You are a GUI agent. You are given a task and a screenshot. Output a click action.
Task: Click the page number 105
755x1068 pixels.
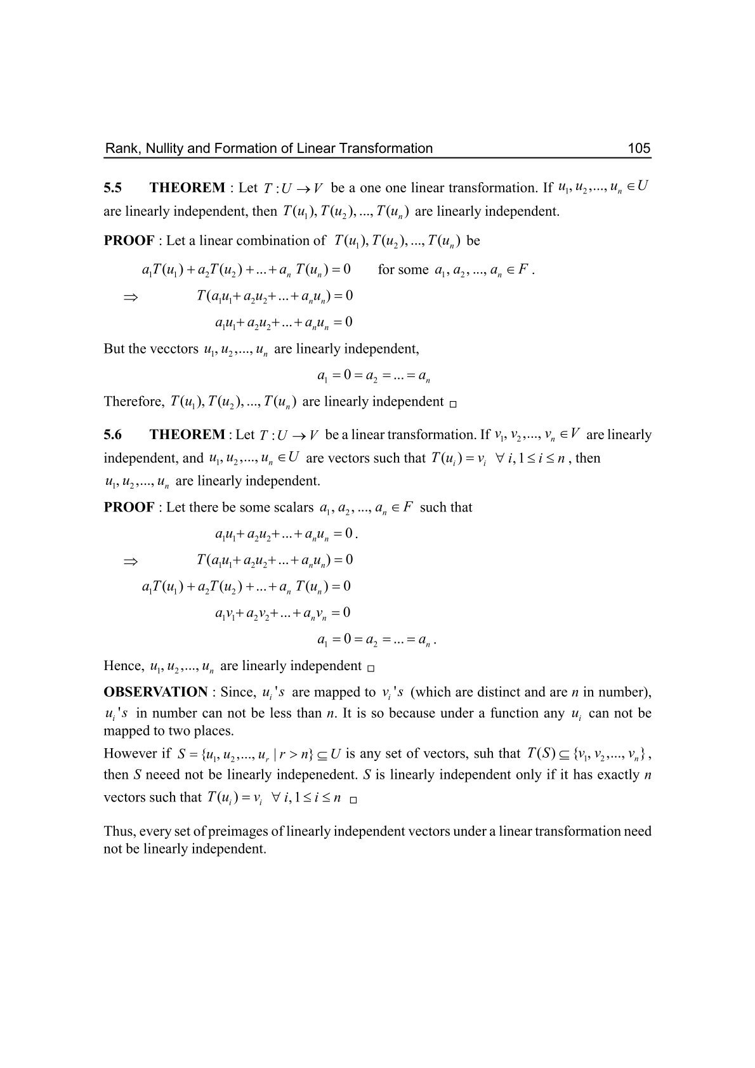point(639,148)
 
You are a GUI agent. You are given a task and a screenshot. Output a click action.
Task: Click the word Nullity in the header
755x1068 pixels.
point(161,148)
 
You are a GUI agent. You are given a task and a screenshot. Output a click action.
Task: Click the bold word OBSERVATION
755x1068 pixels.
point(155,692)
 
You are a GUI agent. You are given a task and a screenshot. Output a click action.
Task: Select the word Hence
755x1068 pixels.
point(122,666)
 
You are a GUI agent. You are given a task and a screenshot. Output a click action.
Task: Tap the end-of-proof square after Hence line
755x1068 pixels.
point(371,668)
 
